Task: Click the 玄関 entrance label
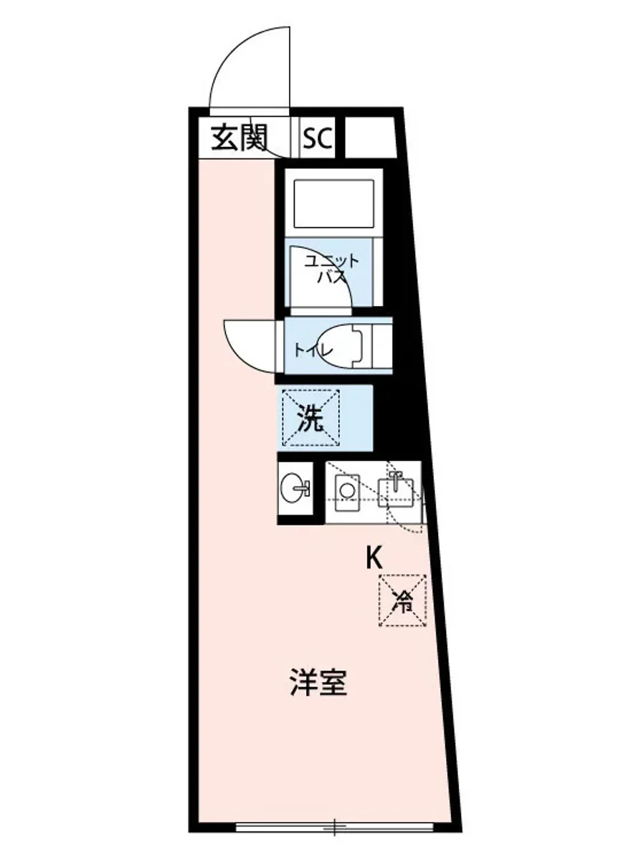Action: pos(239,137)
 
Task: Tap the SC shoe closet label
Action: pos(317,138)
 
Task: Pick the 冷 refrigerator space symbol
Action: pos(403,601)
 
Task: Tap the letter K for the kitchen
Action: pos(374,558)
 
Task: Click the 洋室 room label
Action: pos(319,683)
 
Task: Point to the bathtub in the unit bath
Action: pos(331,203)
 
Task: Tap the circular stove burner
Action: pos(346,491)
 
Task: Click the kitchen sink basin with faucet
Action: pos(394,491)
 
